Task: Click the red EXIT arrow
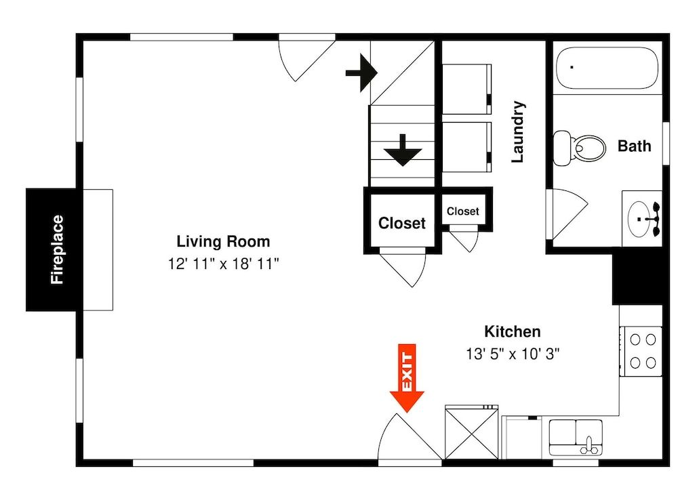click(407, 379)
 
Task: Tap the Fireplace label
click(58, 249)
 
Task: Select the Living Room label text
click(223, 241)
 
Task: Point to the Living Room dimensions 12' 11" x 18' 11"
click(224, 264)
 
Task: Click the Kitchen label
click(512, 331)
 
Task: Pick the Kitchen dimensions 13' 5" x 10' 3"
click(512, 353)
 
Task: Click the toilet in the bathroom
click(580, 147)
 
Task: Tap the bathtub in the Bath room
click(607, 67)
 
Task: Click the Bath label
click(634, 146)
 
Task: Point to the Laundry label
click(518, 132)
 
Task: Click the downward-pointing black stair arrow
click(403, 150)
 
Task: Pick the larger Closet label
click(401, 223)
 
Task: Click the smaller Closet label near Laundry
click(462, 211)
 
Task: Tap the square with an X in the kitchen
click(471, 432)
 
